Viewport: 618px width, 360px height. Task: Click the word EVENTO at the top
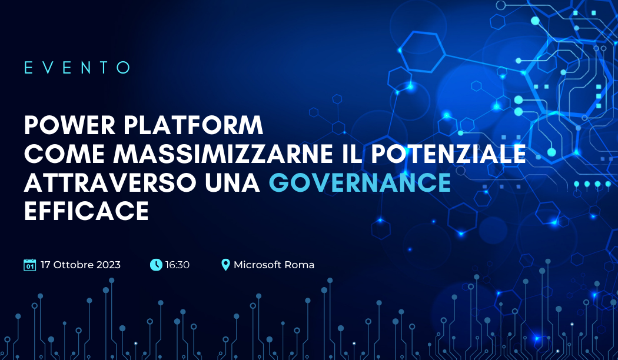tap(77, 67)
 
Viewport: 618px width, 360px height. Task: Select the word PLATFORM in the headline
tap(193, 125)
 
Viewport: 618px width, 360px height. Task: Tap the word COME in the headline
tap(64, 154)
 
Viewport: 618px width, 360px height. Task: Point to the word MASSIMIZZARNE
tap(223, 154)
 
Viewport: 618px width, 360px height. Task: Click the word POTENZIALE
tap(449, 154)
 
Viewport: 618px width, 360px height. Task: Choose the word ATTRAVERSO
tap(110, 182)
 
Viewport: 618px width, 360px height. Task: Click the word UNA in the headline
tap(232, 182)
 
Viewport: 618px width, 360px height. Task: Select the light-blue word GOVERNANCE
tap(360, 182)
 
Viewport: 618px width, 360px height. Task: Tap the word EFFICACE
tap(87, 211)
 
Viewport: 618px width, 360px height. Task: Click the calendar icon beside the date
tap(30, 265)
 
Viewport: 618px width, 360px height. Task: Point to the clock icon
tap(156, 265)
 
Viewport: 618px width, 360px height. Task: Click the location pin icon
tap(225, 265)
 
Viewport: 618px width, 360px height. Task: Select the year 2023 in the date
tap(108, 265)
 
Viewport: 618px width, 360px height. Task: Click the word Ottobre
tap(74, 265)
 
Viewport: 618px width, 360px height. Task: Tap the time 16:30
tap(177, 265)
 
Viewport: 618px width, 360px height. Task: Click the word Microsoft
tap(257, 265)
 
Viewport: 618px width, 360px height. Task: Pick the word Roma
tap(300, 265)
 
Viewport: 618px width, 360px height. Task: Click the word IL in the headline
tap(353, 154)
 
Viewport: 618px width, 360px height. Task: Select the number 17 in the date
tap(45, 265)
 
